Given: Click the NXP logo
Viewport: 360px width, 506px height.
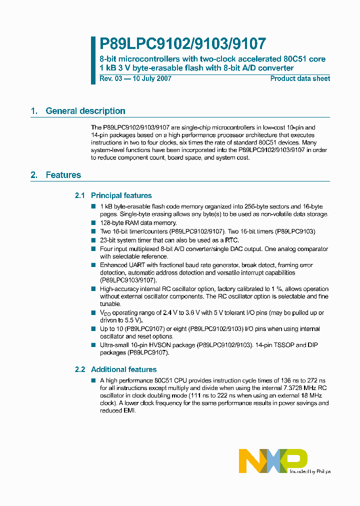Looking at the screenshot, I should click(272, 460).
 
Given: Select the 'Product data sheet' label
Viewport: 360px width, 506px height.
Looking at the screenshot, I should click(300, 78).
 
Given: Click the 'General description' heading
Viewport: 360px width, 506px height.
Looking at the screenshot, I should click(85, 111).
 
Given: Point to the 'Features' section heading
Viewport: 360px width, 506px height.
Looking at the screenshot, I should click(63, 175).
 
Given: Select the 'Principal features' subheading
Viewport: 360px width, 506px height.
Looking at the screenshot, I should click(121, 195).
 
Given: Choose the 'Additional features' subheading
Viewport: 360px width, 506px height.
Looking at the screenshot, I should click(123, 369).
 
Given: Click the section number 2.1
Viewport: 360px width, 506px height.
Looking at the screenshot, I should click(80, 195).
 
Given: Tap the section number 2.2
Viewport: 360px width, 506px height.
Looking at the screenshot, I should click(80, 369).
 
